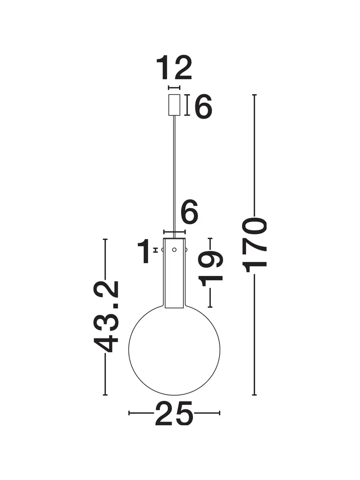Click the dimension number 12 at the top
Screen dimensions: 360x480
click(174, 68)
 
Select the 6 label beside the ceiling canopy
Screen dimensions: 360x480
click(203, 106)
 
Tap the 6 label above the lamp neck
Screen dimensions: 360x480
click(189, 211)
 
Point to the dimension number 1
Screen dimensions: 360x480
click(144, 251)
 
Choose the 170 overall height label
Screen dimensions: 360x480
click(254, 245)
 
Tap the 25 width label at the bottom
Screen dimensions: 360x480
click(174, 413)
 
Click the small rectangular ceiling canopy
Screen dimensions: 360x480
click(174, 105)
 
